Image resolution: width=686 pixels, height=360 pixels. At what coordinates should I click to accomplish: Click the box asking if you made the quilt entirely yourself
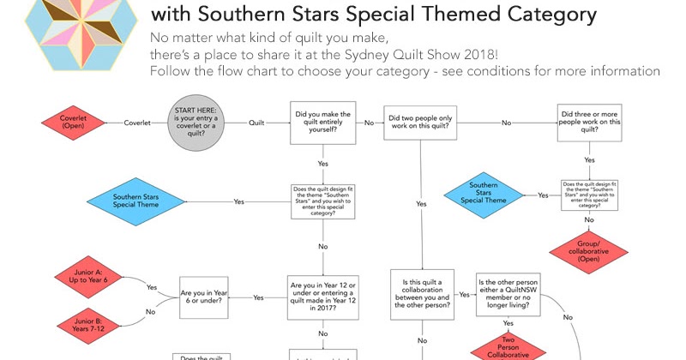(x=322, y=123)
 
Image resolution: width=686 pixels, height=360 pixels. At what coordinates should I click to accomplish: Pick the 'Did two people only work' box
(x=421, y=123)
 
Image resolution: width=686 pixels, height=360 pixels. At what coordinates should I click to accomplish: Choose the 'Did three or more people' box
(x=590, y=123)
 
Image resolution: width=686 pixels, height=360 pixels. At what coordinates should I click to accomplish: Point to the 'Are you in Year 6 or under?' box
(x=203, y=297)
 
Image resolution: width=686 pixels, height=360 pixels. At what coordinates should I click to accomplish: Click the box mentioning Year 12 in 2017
(x=322, y=297)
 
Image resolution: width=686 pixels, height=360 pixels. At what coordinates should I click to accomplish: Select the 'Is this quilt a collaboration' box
(x=421, y=295)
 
